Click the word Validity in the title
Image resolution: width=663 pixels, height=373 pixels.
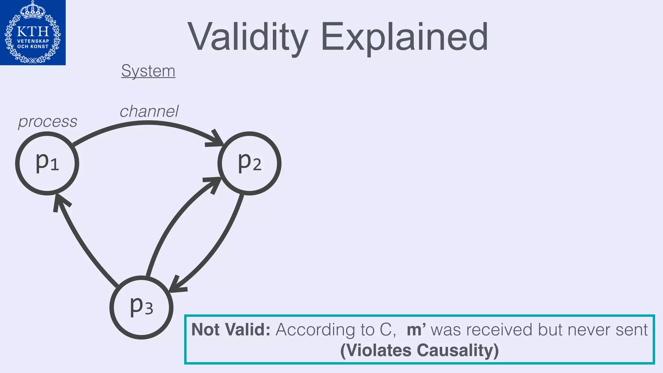tap(248, 37)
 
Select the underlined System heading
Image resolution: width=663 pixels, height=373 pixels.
tap(148, 71)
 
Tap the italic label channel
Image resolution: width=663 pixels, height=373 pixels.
tap(149, 111)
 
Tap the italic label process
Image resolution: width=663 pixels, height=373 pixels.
tap(48, 122)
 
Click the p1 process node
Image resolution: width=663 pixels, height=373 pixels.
tap(47, 163)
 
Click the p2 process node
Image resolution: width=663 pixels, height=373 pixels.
tap(249, 163)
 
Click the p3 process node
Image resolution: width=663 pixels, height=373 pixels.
tap(141, 307)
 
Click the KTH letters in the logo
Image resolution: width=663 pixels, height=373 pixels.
tap(33, 32)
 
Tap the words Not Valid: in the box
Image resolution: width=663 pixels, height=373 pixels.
tap(230, 330)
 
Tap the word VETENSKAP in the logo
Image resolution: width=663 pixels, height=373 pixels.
tap(33, 41)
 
